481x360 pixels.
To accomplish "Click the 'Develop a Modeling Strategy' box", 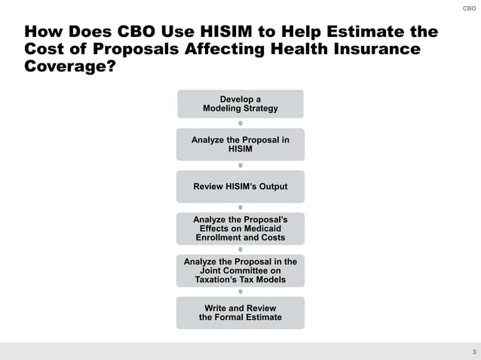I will tap(240, 104).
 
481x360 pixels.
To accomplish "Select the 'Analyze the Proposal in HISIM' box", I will tap(240, 145).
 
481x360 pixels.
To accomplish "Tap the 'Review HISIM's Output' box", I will tap(240, 187).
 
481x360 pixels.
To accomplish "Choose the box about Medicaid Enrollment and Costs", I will tap(240, 228).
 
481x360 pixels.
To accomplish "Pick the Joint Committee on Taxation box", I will tap(240, 270).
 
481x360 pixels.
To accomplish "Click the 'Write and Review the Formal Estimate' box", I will tap(240, 313).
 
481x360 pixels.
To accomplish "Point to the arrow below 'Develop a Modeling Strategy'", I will tap(240, 124).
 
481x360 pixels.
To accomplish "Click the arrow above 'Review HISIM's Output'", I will tap(240, 166).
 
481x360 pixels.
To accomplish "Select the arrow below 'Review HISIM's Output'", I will tap(240, 207).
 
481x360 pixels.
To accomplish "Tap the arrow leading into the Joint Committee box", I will tap(240, 249).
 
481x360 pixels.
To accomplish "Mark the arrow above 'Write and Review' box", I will tap(240, 291).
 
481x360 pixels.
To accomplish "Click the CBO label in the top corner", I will tap(469, 9).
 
